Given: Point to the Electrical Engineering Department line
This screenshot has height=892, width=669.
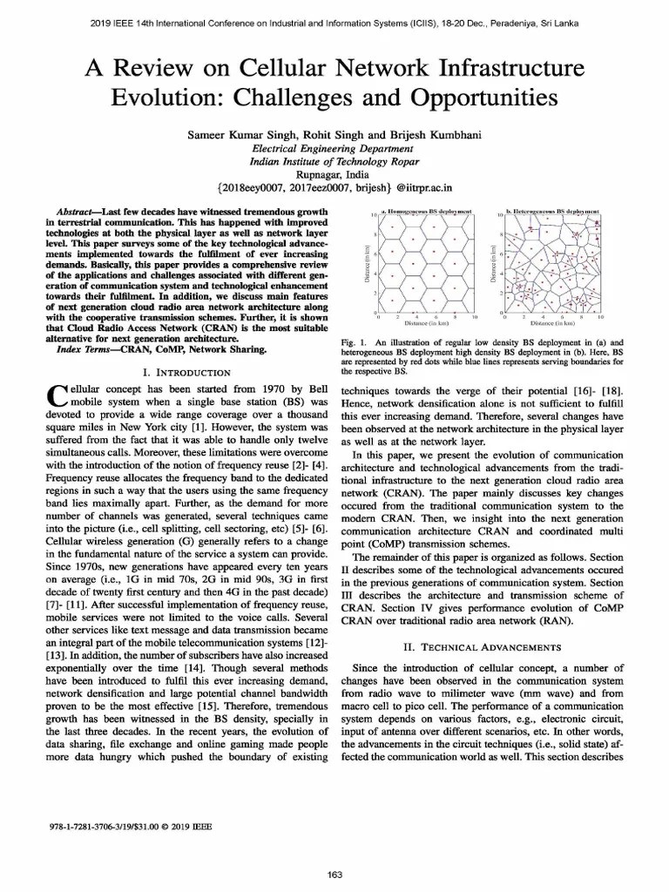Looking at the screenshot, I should [x=334, y=149].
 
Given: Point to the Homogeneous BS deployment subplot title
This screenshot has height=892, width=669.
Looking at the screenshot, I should [x=429, y=212].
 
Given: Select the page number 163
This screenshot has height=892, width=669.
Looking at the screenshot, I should [x=334, y=874].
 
